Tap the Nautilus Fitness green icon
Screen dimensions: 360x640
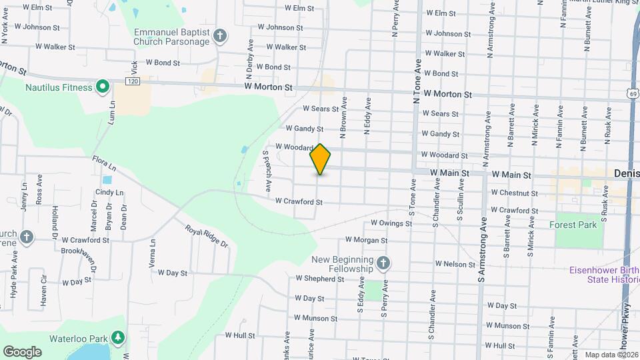click(102, 87)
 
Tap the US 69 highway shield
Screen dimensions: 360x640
click(631, 94)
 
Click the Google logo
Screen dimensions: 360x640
click(22, 352)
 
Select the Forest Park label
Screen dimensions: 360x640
click(573, 225)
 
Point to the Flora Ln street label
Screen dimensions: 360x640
click(105, 161)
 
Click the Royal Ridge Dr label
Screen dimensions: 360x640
click(207, 236)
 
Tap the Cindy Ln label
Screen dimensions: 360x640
click(110, 192)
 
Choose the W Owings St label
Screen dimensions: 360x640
click(392, 224)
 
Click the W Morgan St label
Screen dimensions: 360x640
click(366, 240)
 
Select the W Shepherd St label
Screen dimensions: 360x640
click(319, 279)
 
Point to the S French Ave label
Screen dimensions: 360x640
click(266, 171)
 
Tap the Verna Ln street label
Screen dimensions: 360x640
click(153, 253)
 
